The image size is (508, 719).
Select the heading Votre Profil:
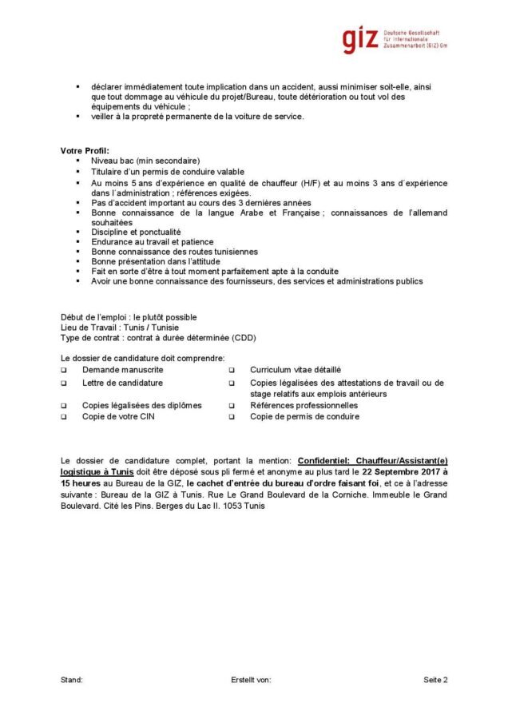85,151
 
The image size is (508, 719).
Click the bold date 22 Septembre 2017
396,472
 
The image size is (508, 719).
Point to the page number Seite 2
435,680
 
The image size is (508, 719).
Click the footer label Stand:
72,680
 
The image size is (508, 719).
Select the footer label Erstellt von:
250,680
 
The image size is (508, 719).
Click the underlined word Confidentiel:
323,461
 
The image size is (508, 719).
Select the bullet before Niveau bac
78,161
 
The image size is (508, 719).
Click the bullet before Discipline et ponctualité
78,232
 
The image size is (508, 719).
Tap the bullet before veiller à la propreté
78,117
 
